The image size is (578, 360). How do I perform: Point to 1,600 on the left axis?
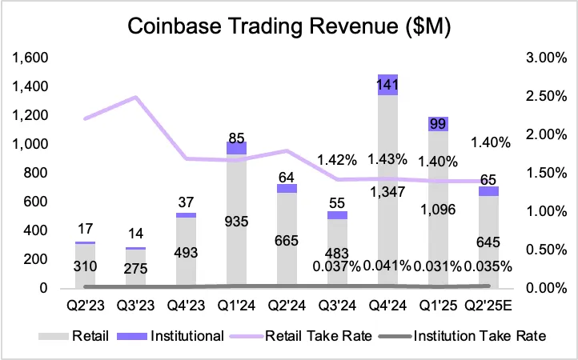tap(28, 58)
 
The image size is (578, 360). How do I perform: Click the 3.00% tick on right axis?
tap(551, 58)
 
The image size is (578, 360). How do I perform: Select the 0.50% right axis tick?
tap(551, 250)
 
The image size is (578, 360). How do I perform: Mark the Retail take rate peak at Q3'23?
tap(136, 98)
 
